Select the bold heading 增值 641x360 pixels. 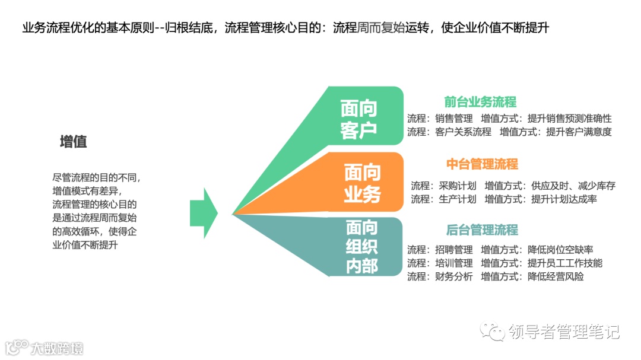(74, 142)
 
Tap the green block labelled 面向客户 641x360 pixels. (359, 119)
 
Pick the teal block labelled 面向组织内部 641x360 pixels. (362, 247)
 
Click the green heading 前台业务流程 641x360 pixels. (480, 101)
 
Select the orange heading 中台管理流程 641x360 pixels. (482, 164)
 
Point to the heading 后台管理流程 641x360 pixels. (482, 230)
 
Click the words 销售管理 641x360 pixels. (454, 119)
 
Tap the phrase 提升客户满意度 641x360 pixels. (579, 132)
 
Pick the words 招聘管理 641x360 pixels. (454, 250)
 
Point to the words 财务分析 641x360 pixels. (454, 277)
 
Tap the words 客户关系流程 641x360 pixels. (463, 132)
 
